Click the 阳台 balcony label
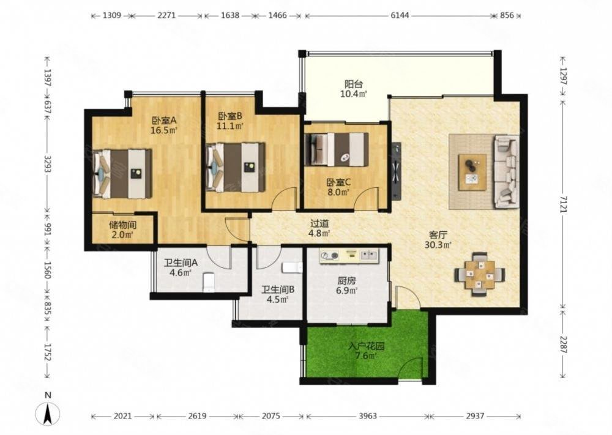(354, 84)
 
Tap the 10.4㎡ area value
(354, 94)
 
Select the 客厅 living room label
(438, 235)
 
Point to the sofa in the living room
(506, 172)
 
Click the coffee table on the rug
(472, 172)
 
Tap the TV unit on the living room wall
(396, 171)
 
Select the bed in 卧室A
(122, 173)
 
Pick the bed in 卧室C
(337, 149)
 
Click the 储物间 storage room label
(122, 225)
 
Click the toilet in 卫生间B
(292, 267)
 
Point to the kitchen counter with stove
(349, 256)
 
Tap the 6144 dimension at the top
(400, 16)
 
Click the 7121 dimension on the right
(563, 203)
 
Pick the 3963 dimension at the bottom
(367, 416)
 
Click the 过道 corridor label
(319, 223)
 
